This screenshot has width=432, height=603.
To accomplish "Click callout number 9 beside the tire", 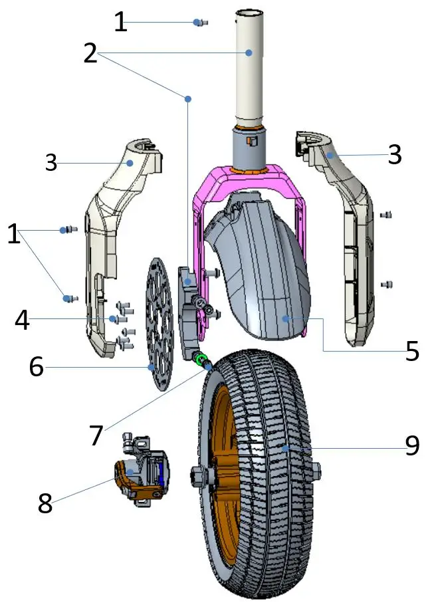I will point(412,445).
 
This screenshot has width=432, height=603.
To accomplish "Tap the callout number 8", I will point(45,503).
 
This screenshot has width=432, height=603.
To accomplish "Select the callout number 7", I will point(96,435).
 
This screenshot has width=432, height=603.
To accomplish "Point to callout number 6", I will point(37,366).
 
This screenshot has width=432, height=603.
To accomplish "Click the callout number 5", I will point(413,351).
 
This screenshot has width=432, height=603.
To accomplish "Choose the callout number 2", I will point(91,53).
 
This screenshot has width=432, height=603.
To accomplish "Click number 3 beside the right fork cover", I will point(395,154).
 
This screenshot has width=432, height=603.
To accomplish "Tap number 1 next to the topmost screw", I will point(120,22).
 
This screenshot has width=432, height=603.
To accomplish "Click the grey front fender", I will point(259,266).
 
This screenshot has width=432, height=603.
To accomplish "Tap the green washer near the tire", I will point(199,359).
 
